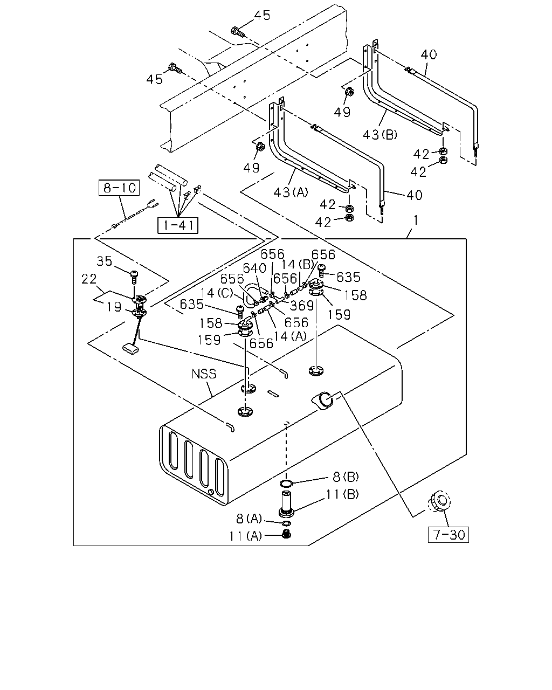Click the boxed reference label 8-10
pos(119,188)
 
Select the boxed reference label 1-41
pos(178,225)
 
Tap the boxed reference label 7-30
pos(448,535)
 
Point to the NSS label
pos(204,374)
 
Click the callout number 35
pos(104,261)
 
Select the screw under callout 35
pos(134,277)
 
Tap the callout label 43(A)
pos(291,192)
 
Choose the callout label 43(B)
pos(380,135)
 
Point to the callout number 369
pos(302,306)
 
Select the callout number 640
pos(254,268)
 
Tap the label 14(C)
pos(217,293)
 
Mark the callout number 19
pos(114,307)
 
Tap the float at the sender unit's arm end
pos(130,349)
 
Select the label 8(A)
pos(249,519)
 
